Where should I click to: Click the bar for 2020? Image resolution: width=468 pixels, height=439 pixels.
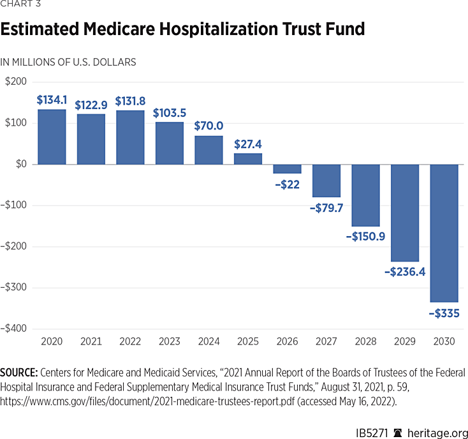pos(52,137)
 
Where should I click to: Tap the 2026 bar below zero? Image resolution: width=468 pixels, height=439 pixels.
pos(287,169)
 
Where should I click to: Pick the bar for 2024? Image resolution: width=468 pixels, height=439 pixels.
pos(208,150)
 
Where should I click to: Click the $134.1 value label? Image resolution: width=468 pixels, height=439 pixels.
pos(51,100)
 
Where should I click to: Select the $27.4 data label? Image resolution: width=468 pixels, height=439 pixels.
pos(248,144)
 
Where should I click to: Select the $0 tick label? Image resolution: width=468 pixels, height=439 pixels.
pos(21,164)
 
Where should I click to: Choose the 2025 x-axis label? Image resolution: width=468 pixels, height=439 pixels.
pos(248,341)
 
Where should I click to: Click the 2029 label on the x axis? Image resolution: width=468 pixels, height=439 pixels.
pos(405,341)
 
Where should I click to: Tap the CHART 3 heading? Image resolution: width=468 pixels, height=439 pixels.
pos(20,7)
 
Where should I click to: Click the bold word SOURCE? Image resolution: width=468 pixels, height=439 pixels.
pos(21,372)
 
